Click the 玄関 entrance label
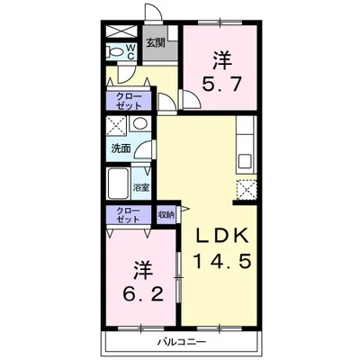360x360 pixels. [x=156, y=43]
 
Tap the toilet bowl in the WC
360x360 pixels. [x=115, y=52]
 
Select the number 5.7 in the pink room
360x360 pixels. [x=221, y=84]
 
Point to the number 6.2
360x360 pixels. [x=143, y=293]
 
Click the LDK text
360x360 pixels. [x=222, y=235]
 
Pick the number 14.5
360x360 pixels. [x=221, y=260]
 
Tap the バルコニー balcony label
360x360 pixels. [x=182, y=341]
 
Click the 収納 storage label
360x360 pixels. [x=166, y=214]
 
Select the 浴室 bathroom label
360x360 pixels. [x=141, y=188]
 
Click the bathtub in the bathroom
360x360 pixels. [x=118, y=184]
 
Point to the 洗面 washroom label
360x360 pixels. [x=121, y=148]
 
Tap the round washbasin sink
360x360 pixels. [x=139, y=123]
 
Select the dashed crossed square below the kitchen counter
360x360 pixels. [x=247, y=190]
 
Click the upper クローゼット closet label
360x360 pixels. [x=129, y=101]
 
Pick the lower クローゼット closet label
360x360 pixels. [x=129, y=214]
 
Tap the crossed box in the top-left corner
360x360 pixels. [x=121, y=31]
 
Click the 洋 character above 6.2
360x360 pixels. [x=143, y=271]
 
